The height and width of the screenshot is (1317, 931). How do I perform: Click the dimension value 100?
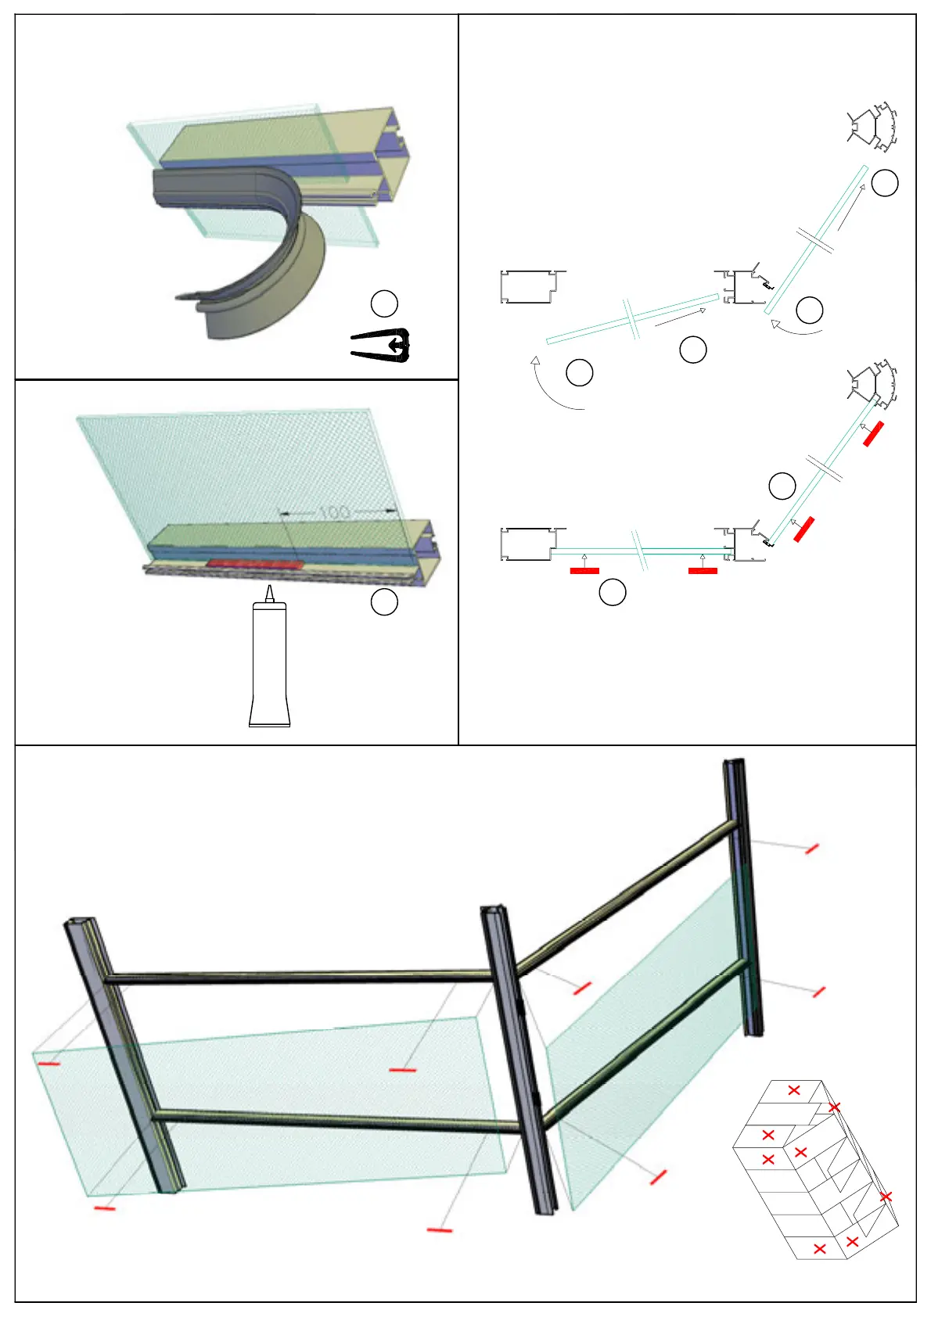click(x=335, y=512)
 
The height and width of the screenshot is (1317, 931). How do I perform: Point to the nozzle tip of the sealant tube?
click(x=269, y=588)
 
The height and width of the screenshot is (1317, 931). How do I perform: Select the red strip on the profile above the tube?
click(x=254, y=563)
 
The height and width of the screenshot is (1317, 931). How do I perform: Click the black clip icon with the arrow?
click(x=382, y=346)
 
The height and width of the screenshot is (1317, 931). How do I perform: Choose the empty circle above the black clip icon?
click(x=384, y=303)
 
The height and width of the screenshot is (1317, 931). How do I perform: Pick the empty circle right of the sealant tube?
click(x=384, y=601)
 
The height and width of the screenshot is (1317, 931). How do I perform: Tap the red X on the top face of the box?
click(x=794, y=1089)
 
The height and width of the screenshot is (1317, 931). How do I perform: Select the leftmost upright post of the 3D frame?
click(x=125, y=1056)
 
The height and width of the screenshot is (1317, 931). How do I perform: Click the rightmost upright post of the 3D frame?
click(x=743, y=899)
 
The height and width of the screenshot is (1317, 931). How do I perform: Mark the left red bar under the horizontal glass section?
click(x=584, y=571)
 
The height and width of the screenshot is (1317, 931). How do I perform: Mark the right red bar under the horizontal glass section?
click(x=703, y=571)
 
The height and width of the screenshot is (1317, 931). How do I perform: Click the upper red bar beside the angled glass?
click(x=874, y=433)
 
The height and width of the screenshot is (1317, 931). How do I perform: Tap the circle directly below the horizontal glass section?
click(x=613, y=593)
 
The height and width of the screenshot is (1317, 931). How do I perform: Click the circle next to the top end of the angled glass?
click(x=885, y=183)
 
